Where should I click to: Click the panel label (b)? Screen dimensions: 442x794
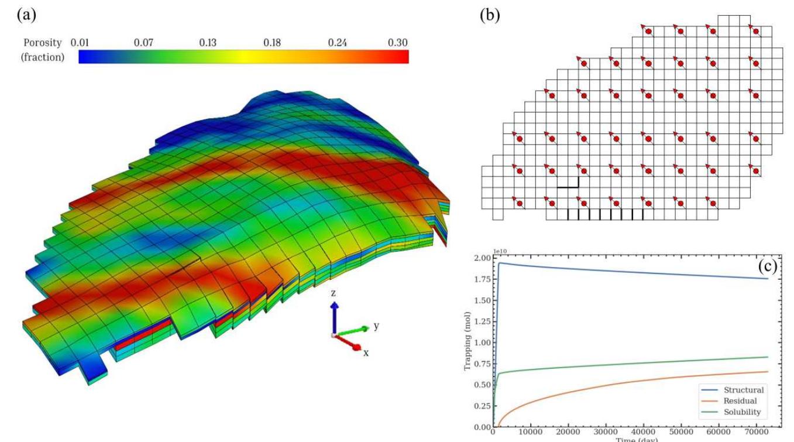tap(489, 16)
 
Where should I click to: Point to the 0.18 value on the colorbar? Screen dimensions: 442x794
tap(271, 43)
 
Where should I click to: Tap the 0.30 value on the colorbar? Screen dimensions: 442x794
tap(397, 43)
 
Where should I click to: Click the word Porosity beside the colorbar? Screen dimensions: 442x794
tap(42, 43)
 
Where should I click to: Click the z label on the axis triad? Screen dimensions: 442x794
tap(333, 293)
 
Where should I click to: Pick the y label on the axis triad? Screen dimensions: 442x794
tap(376, 325)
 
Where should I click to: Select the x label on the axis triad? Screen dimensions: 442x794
tap(366, 353)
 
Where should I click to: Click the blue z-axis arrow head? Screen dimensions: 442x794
tap(334, 306)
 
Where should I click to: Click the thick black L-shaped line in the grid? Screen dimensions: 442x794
tap(569, 185)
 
